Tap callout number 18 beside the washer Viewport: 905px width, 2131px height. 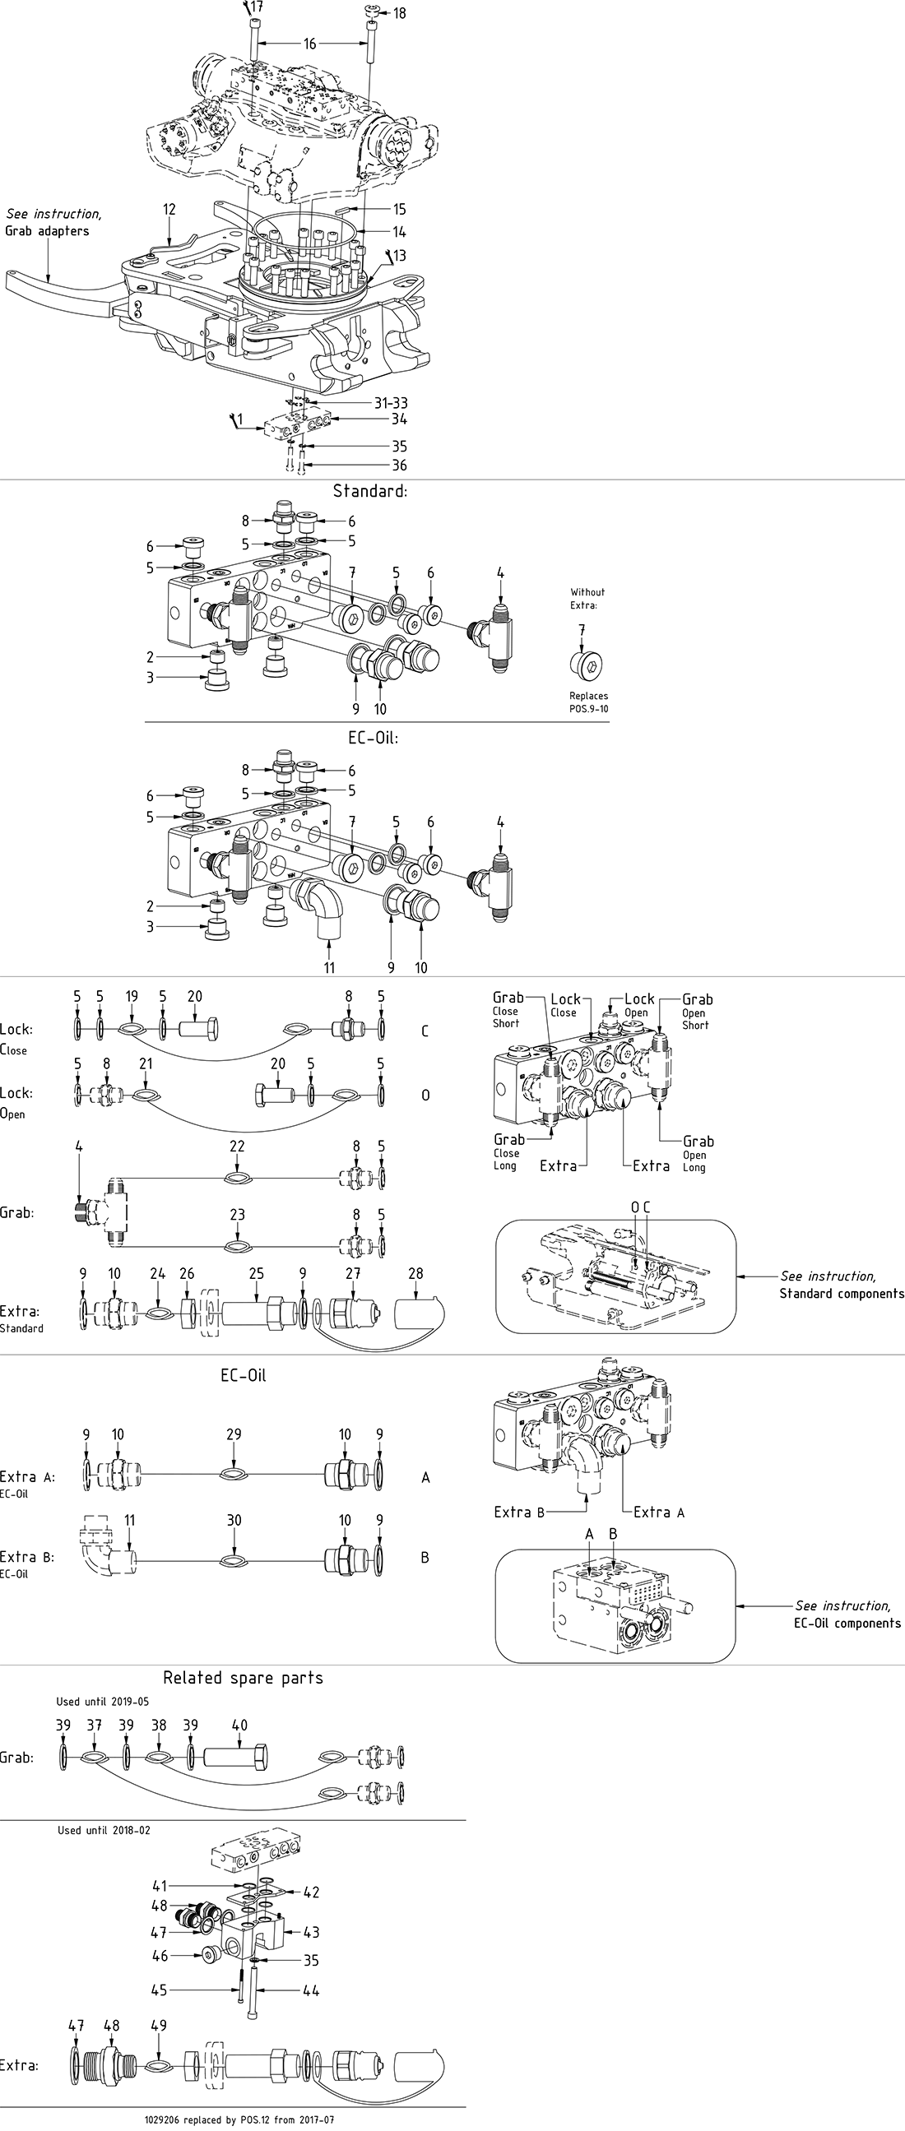[x=400, y=13]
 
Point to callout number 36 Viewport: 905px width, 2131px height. [x=400, y=465]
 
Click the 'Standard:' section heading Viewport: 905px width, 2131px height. [x=369, y=490]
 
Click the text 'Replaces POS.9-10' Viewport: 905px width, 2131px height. [x=588, y=702]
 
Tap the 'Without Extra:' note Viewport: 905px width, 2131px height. [x=587, y=598]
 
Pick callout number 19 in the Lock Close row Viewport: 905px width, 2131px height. [x=132, y=996]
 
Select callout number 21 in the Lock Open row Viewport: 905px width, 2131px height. [x=146, y=1063]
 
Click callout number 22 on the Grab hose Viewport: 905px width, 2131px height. [x=238, y=1146]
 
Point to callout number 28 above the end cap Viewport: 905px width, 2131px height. [x=415, y=1273]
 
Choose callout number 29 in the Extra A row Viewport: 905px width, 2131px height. [x=234, y=1434]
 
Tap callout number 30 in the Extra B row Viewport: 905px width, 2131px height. [x=234, y=1520]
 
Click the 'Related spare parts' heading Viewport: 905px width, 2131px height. [x=243, y=1678]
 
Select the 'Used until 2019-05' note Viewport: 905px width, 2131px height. [x=103, y=1702]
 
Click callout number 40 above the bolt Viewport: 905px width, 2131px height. [x=239, y=1725]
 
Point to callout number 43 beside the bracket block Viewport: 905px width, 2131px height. [x=311, y=1933]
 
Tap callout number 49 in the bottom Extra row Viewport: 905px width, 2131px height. [x=159, y=2025]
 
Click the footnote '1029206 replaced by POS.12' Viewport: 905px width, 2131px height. [x=240, y=2120]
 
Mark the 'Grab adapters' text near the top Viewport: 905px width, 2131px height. [x=47, y=231]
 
